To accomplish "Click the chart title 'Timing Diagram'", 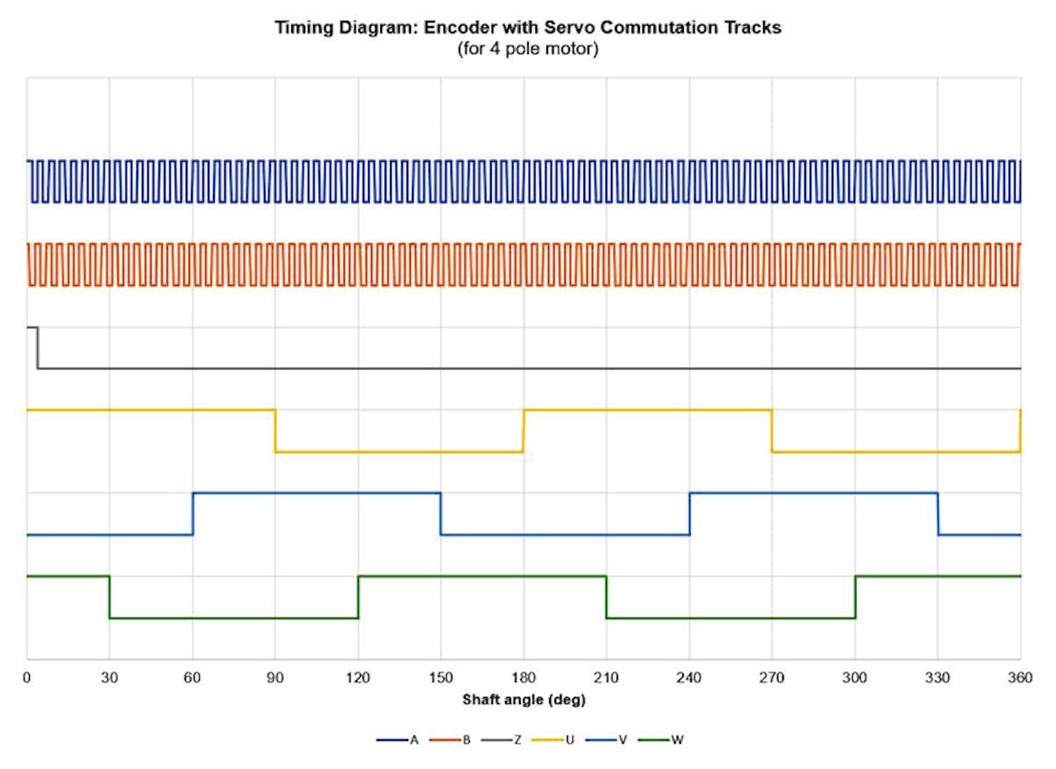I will pyautogui.click(x=528, y=27).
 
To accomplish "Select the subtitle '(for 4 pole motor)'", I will pyautogui.click(x=528, y=48).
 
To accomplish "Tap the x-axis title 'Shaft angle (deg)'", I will pyautogui.click(x=524, y=700).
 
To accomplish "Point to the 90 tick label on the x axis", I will pyautogui.click(x=275, y=678).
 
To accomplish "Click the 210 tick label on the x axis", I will pyautogui.click(x=606, y=678).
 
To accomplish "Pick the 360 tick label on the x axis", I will pyautogui.click(x=1020, y=678).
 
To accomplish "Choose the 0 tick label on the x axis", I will pyautogui.click(x=27, y=678).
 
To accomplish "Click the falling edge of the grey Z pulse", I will pyautogui.click(x=37, y=348).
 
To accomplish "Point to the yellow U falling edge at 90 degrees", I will pyautogui.click(x=275, y=431).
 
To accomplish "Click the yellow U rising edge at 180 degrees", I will pyautogui.click(x=524, y=431).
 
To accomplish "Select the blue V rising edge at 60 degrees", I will pyautogui.click(x=193, y=514).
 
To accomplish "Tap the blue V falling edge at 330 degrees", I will pyautogui.click(x=938, y=514).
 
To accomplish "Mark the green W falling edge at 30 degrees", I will pyautogui.click(x=110, y=597).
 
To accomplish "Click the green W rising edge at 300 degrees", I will pyautogui.click(x=855, y=597).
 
